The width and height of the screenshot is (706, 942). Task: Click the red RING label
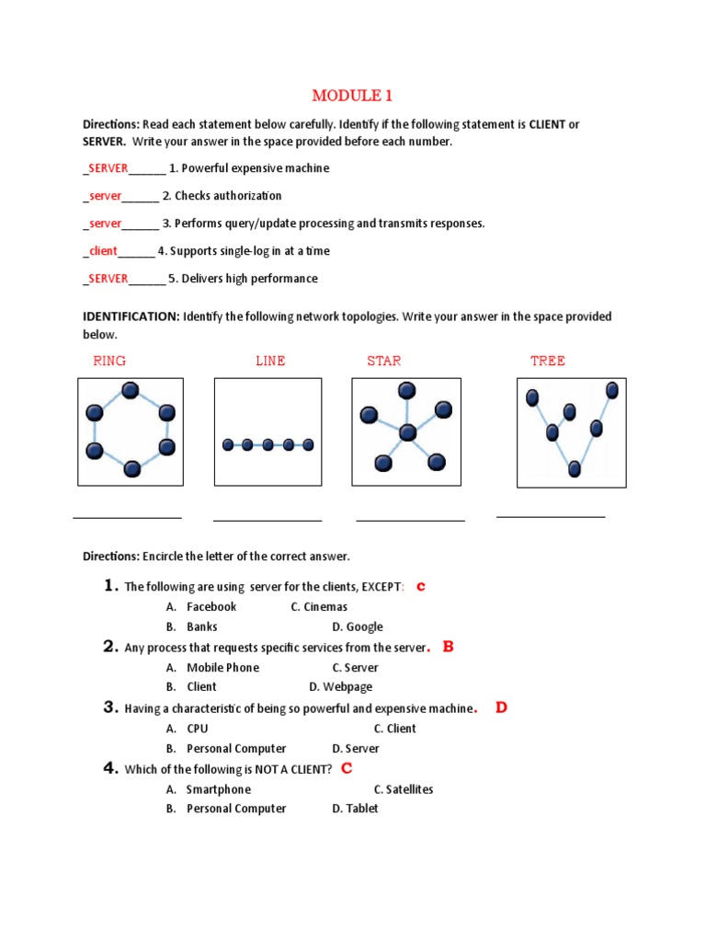pos(109,361)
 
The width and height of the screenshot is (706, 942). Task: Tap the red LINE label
pos(270,361)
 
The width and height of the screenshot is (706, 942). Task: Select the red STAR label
pos(383,361)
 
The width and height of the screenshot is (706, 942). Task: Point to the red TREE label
pos(547,361)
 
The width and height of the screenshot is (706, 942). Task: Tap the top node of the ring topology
pos(131,391)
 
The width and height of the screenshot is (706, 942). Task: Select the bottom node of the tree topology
pos(575,469)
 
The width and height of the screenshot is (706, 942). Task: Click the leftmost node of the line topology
pos(228,445)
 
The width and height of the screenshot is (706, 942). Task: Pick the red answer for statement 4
pos(103,251)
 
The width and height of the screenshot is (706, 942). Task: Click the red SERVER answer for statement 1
pos(108,168)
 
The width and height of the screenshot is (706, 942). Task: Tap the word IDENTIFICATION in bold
pos(131,316)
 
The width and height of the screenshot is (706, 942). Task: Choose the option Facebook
pos(211,606)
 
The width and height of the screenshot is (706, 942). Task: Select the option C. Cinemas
pos(319,606)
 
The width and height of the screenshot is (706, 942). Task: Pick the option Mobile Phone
pos(222,668)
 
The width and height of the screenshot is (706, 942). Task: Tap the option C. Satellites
pos(404,789)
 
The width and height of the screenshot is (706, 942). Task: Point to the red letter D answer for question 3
pos(501,707)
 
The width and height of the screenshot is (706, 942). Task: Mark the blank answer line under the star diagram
pos(410,521)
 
